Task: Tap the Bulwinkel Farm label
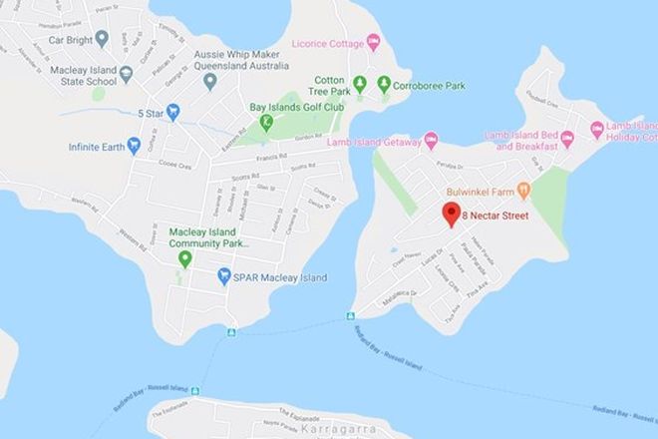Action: [481, 189]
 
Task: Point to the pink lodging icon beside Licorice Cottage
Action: [374, 42]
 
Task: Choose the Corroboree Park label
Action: [430, 86]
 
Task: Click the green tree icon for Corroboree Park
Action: [384, 85]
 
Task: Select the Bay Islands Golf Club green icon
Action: [266, 123]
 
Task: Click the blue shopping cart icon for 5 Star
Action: [173, 112]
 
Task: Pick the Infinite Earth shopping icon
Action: [134, 148]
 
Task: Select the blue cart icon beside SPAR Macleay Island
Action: [224, 276]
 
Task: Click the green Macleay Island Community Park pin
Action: [184, 259]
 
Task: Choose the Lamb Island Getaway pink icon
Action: [431, 142]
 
